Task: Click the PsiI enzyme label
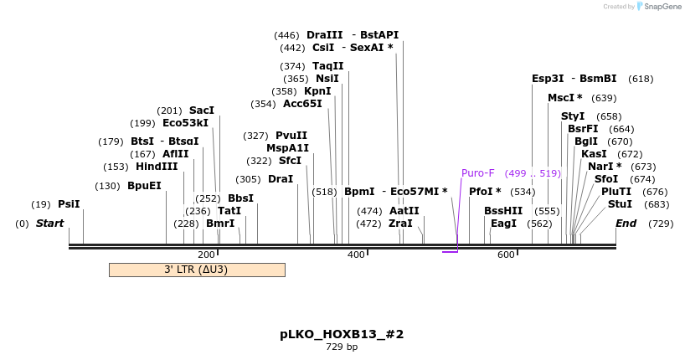(x=69, y=204)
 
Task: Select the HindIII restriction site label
(x=157, y=167)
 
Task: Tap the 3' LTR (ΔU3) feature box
(x=197, y=270)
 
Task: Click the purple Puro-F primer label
(x=478, y=173)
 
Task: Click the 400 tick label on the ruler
(x=356, y=255)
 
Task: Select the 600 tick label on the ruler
(x=506, y=255)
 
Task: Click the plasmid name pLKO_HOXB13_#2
(x=342, y=334)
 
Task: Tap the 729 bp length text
(x=342, y=347)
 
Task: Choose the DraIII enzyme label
(x=325, y=35)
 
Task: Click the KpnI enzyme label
(x=317, y=91)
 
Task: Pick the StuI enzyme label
(x=621, y=204)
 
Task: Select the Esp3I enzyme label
(x=548, y=79)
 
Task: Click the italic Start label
(x=49, y=224)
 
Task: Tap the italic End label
(x=626, y=224)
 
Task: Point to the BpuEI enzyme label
(x=144, y=186)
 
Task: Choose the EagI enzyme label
(x=503, y=224)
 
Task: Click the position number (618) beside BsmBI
(x=641, y=79)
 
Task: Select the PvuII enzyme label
(x=291, y=136)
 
